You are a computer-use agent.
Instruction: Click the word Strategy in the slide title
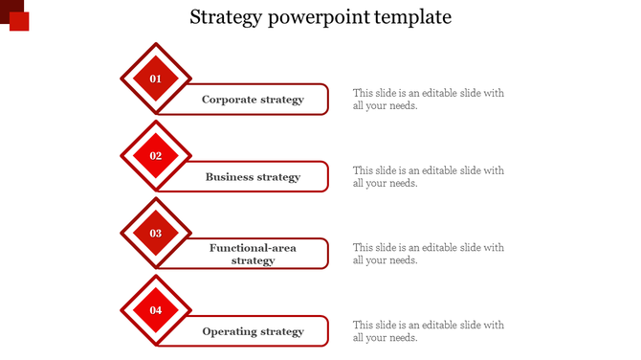coord(222,17)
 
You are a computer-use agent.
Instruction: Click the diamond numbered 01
coord(156,79)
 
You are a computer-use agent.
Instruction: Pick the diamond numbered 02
coord(156,156)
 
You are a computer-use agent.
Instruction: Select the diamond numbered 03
coord(156,233)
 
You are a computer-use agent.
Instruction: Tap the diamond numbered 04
coord(156,310)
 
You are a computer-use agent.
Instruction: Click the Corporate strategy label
coord(253,100)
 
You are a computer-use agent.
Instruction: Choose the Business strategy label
coord(253,177)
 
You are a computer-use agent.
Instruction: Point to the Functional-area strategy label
coord(253,254)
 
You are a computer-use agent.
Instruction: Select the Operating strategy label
coord(253,331)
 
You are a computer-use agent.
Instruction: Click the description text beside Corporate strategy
coord(428,100)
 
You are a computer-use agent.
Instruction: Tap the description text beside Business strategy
coord(428,177)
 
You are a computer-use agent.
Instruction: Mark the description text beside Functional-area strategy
coord(428,254)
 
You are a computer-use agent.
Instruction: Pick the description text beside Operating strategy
coord(428,331)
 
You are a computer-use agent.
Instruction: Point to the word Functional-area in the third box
coord(253,248)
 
